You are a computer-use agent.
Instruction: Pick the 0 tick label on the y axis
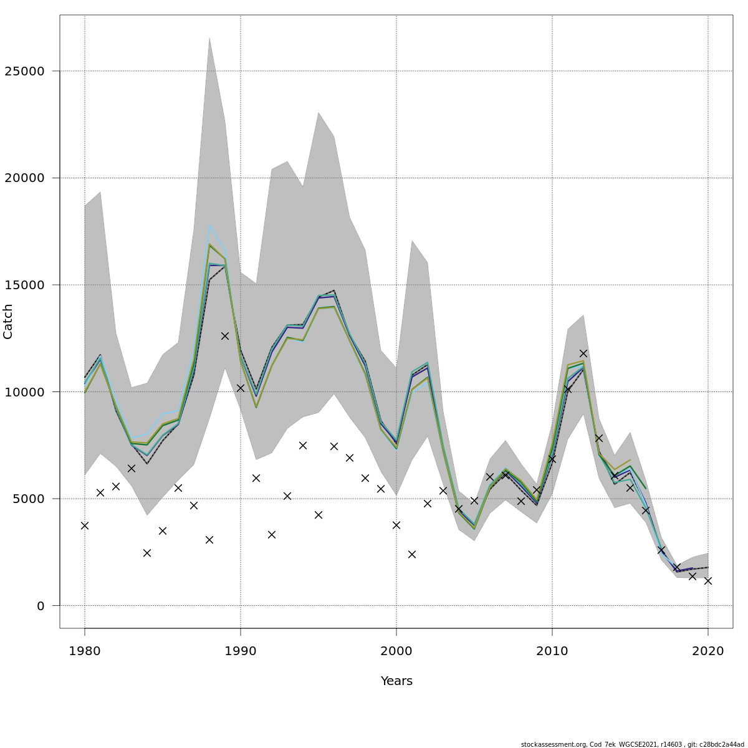point(41,606)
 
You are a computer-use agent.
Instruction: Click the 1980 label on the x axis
point(85,651)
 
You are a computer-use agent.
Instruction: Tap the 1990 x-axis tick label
point(241,651)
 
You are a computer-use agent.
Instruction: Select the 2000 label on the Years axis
point(396,651)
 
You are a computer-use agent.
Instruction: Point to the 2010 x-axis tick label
point(552,651)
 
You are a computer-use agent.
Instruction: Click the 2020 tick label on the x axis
point(708,651)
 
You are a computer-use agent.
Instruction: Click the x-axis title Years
point(396,681)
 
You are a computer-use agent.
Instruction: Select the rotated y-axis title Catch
point(8,321)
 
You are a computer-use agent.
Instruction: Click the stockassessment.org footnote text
point(632,744)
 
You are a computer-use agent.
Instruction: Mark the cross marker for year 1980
point(85,525)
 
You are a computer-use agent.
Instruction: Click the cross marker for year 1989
point(225,336)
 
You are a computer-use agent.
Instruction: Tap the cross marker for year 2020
point(708,580)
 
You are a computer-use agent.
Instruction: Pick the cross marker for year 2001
point(412,554)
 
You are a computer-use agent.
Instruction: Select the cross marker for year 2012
point(583,353)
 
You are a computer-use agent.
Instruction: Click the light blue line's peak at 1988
point(209,226)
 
